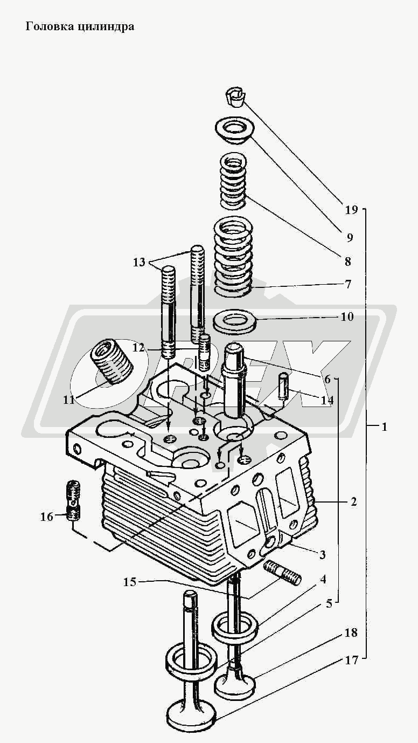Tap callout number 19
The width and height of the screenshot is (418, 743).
tap(351, 210)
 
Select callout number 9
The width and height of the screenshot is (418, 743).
tap(350, 237)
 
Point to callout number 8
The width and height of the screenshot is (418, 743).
tap(347, 262)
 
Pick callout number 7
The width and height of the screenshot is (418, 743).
tap(348, 285)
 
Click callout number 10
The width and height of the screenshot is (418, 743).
tap(347, 317)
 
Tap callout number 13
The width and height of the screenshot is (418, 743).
tap(139, 262)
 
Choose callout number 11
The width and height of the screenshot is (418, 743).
tap(69, 400)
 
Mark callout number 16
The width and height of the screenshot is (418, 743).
tap(46, 517)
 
